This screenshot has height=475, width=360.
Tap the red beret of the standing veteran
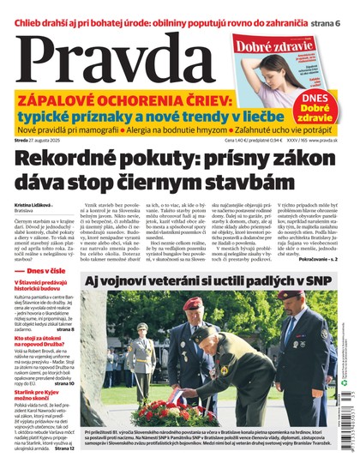pyautogui.click(x=192, y=304)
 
